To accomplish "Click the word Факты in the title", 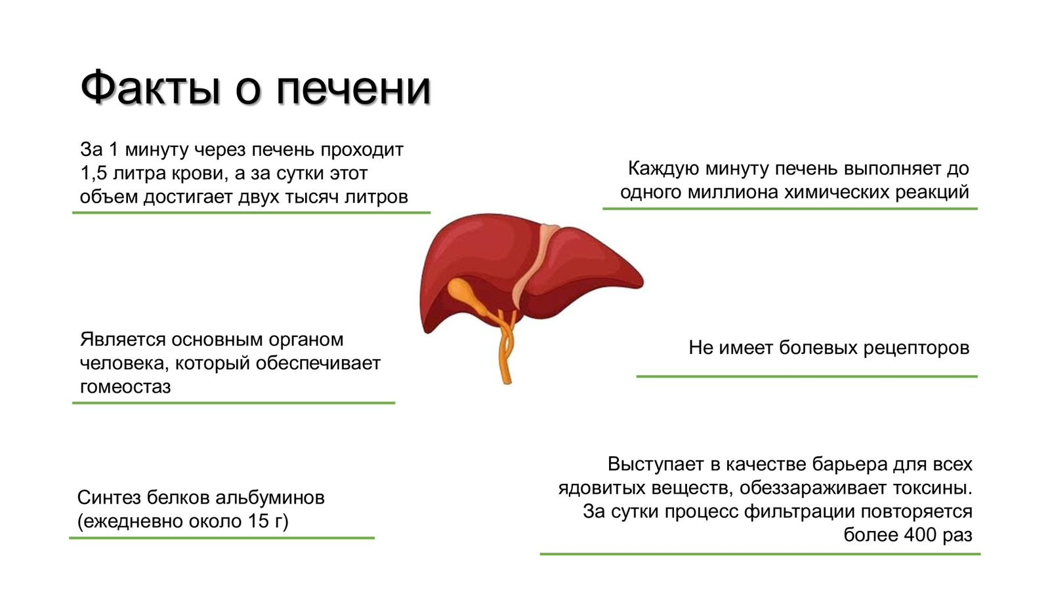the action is coord(150,88).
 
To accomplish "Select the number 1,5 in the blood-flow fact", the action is coord(94,174).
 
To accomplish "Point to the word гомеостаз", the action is coord(125,387).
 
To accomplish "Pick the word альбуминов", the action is coord(270,498).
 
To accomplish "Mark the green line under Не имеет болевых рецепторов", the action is coord(807,376).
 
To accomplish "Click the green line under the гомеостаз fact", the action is coord(234,403).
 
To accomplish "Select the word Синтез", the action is coord(109,498).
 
